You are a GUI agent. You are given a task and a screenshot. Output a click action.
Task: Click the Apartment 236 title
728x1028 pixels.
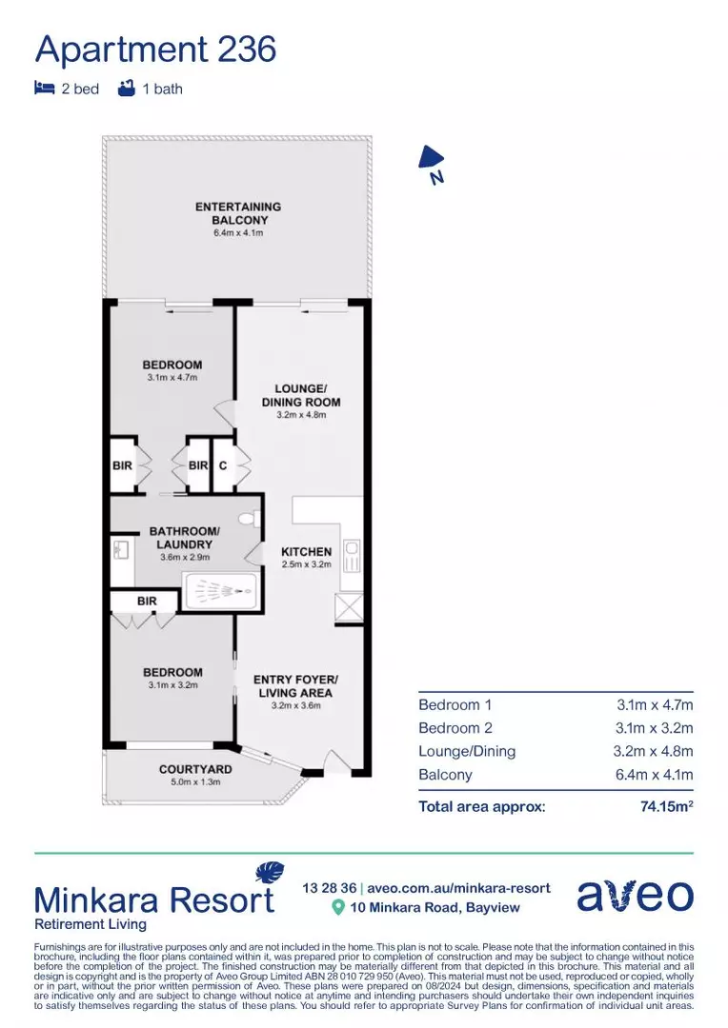point(155,50)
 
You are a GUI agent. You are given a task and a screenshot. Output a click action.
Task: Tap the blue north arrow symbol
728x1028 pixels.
point(431,158)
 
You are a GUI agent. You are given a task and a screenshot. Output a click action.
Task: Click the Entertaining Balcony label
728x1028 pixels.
point(238,213)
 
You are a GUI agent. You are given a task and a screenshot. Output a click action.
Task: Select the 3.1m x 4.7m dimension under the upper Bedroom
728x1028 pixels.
point(172,378)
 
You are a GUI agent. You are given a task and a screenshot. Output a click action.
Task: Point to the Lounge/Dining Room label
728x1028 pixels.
point(301,395)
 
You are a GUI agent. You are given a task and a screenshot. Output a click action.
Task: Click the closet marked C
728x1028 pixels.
point(223,465)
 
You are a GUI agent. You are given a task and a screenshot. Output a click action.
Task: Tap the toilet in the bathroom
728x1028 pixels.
point(249,520)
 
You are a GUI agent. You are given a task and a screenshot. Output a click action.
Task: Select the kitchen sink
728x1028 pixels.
point(352,556)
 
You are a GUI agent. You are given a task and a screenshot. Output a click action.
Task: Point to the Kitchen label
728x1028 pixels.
point(307,552)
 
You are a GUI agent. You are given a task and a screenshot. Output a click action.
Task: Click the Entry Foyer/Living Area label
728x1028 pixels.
point(295,685)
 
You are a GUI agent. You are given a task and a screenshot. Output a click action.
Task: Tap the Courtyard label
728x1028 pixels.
point(195,769)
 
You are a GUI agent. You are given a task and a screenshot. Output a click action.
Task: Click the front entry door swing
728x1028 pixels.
point(336,761)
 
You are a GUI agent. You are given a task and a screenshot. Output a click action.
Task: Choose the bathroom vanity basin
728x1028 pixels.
point(121,548)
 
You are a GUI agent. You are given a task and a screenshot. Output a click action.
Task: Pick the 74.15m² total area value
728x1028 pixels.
point(667,806)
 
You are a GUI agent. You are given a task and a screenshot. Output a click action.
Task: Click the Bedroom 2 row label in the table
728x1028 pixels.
point(455,728)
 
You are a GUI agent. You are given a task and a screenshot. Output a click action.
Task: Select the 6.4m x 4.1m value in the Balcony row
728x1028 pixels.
point(655,774)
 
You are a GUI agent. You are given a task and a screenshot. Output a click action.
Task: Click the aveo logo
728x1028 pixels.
point(636,896)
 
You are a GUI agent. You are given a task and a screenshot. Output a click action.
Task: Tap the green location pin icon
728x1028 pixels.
point(338,907)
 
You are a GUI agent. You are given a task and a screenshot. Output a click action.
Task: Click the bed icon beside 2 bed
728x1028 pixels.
point(44,88)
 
